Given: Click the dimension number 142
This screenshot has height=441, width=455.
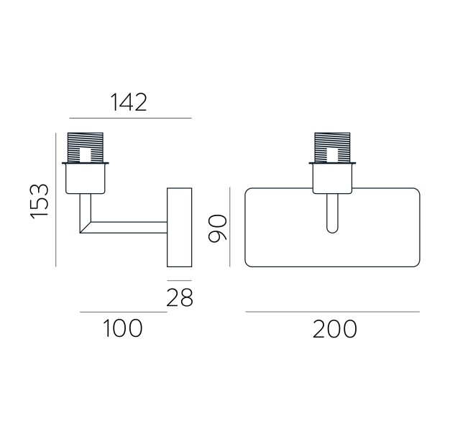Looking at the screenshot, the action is click(x=129, y=102).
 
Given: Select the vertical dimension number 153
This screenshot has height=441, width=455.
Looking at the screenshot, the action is click(x=39, y=201).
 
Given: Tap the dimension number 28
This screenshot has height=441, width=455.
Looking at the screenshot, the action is click(x=179, y=297).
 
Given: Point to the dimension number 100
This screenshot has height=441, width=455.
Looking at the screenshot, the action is click(x=123, y=328).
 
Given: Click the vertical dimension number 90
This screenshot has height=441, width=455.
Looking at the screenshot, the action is click(x=218, y=228).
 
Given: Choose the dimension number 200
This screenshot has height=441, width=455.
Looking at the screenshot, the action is click(x=335, y=329).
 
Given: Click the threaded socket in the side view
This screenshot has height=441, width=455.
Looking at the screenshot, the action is click(x=86, y=147).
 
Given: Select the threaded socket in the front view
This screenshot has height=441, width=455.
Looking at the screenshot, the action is click(x=332, y=147).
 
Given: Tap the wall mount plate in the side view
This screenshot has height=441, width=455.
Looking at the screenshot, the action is click(x=179, y=227).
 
